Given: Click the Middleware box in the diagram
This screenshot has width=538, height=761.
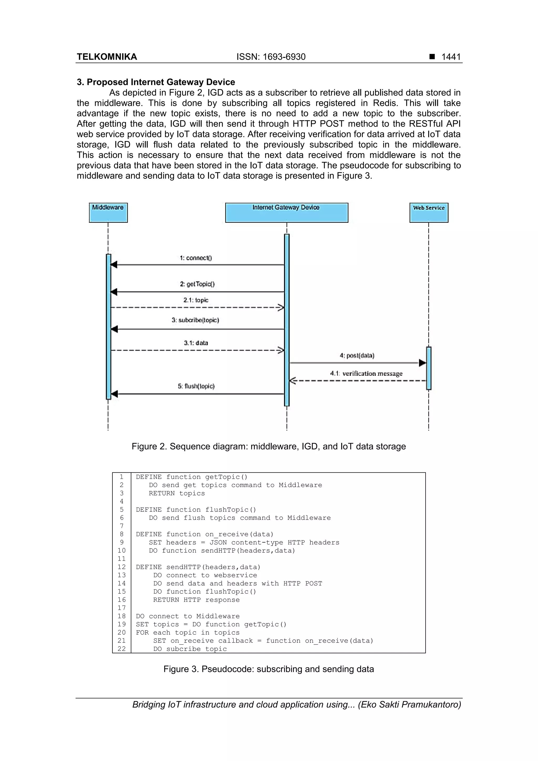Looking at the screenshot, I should pyautogui.click(x=108, y=213).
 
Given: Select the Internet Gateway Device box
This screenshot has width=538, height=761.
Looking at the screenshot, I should pyautogui.click(x=286, y=213).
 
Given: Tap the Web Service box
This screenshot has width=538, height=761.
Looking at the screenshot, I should pyautogui.click(x=429, y=213).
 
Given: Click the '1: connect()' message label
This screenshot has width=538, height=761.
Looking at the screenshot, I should pyautogui.click(x=195, y=258).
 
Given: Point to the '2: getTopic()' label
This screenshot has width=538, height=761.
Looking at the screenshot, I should pyautogui.click(x=197, y=284).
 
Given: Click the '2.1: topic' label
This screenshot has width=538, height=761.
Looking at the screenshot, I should pyautogui.click(x=196, y=300).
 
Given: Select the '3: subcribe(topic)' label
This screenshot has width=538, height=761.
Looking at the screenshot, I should pyautogui.click(x=195, y=320).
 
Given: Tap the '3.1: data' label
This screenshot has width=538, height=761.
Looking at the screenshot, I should pyautogui.click(x=196, y=343).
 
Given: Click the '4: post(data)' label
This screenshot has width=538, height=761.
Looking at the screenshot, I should pyautogui.click(x=357, y=356).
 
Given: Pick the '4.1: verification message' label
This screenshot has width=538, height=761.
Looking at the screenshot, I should pyautogui.click(x=366, y=374).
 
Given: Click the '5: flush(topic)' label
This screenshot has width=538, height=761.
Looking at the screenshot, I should pyautogui.click(x=196, y=386).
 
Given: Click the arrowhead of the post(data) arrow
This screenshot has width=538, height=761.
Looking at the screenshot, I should pyautogui.click(x=422, y=363).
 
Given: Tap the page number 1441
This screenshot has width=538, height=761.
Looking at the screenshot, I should pyautogui.click(x=451, y=57).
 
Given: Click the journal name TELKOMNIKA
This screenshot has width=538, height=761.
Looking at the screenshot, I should pyautogui.click(x=107, y=57).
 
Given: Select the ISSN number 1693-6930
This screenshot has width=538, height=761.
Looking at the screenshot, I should pyautogui.click(x=271, y=57).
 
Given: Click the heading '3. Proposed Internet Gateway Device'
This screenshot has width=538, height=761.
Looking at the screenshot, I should pyautogui.click(x=156, y=82).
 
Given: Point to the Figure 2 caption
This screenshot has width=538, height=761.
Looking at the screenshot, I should pyautogui.click(x=268, y=447).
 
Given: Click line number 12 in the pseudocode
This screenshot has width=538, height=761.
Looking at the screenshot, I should pyautogui.click(x=122, y=567).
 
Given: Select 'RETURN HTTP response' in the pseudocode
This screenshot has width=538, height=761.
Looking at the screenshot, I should pyautogui.click(x=196, y=600).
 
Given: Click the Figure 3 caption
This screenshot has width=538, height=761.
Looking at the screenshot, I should pyautogui.click(x=268, y=669).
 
